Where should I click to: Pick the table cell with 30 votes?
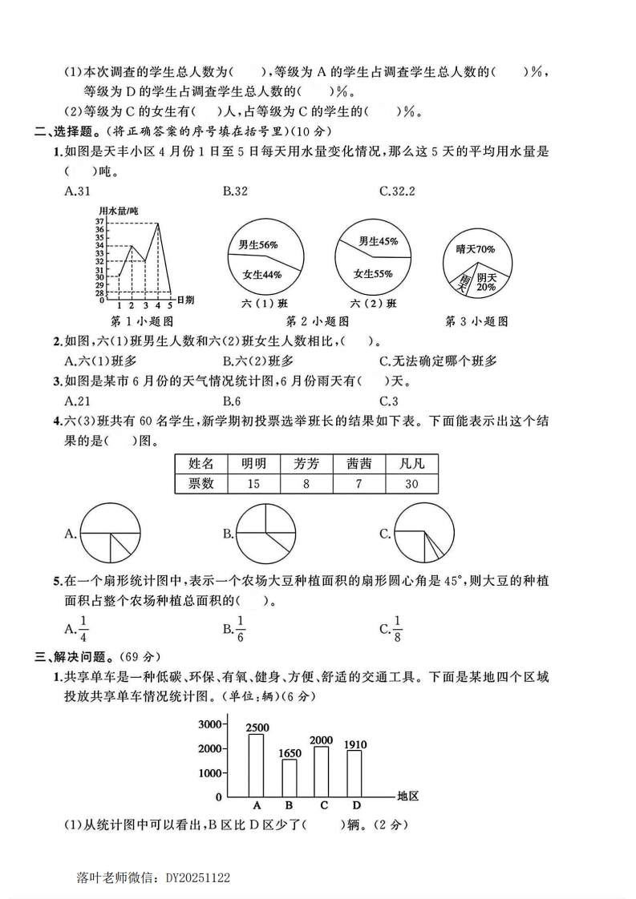(x=411, y=483)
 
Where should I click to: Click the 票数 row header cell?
(x=201, y=483)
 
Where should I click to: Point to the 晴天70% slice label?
(x=476, y=249)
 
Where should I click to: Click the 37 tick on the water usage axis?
(x=99, y=221)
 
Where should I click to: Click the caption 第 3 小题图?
(x=476, y=321)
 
